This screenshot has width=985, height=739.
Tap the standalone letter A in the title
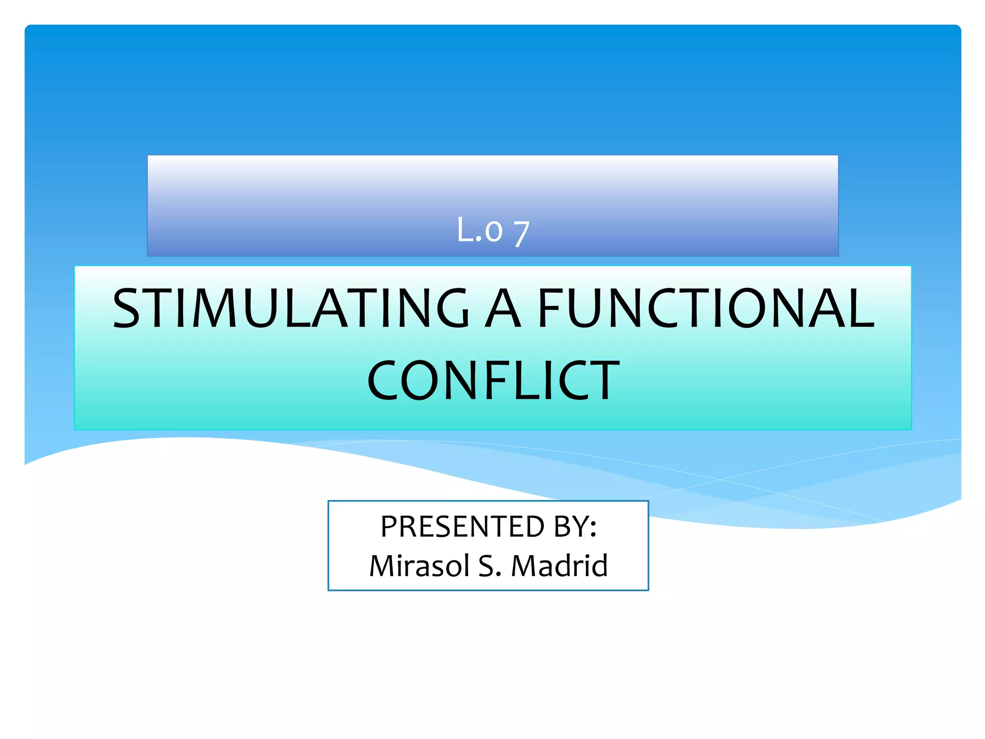pos(503,308)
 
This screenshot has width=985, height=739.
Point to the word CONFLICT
pos(493,381)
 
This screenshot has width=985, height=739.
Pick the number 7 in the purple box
pos(521,234)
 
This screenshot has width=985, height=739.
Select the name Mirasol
pos(419,566)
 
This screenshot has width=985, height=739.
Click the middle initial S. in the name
pos(490,566)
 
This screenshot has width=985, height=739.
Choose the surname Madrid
pos(559,566)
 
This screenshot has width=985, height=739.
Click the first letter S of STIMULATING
pos(126,308)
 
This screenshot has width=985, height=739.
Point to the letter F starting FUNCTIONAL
pos(549,308)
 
